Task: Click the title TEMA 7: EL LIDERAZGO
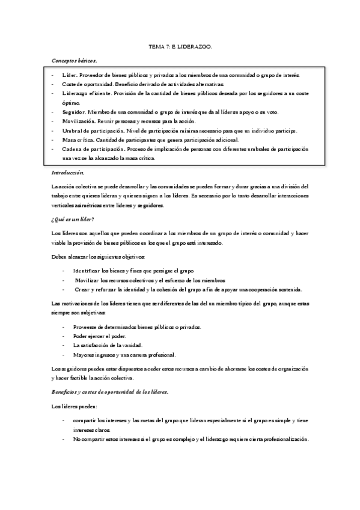pyautogui.click(x=180, y=46)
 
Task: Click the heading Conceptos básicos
pyautogui.click(x=74, y=61)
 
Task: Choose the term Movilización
pyautogui.click(x=79, y=121)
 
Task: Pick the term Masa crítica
pyautogui.click(x=77, y=140)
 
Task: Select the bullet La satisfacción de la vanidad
pyautogui.click(x=107, y=345)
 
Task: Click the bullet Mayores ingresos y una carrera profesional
pyautogui.click(x=120, y=355)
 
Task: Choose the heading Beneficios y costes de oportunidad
pyautogui.click(x=109, y=392)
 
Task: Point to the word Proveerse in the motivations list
pyautogui.click(x=86, y=327)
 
